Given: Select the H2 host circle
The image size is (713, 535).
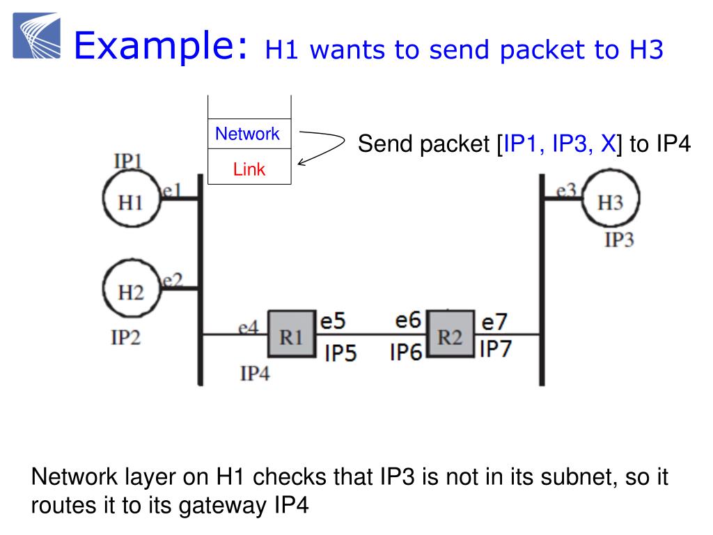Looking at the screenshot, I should click(x=130, y=291).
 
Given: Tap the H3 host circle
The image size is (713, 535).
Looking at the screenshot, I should click(x=610, y=201).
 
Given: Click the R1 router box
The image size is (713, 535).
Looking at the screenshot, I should click(x=290, y=336).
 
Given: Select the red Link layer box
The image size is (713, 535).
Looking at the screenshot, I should click(x=249, y=169).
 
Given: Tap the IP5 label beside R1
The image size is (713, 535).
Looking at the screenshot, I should click(x=340, y=353).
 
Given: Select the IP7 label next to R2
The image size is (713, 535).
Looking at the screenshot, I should click(x=495, y=348).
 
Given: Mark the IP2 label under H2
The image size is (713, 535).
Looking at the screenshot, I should click(x=126, y=338).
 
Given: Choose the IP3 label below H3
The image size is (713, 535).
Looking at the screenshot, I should click(x=619, y=240).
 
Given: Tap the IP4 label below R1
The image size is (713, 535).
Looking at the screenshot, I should click(x=254, y=374).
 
